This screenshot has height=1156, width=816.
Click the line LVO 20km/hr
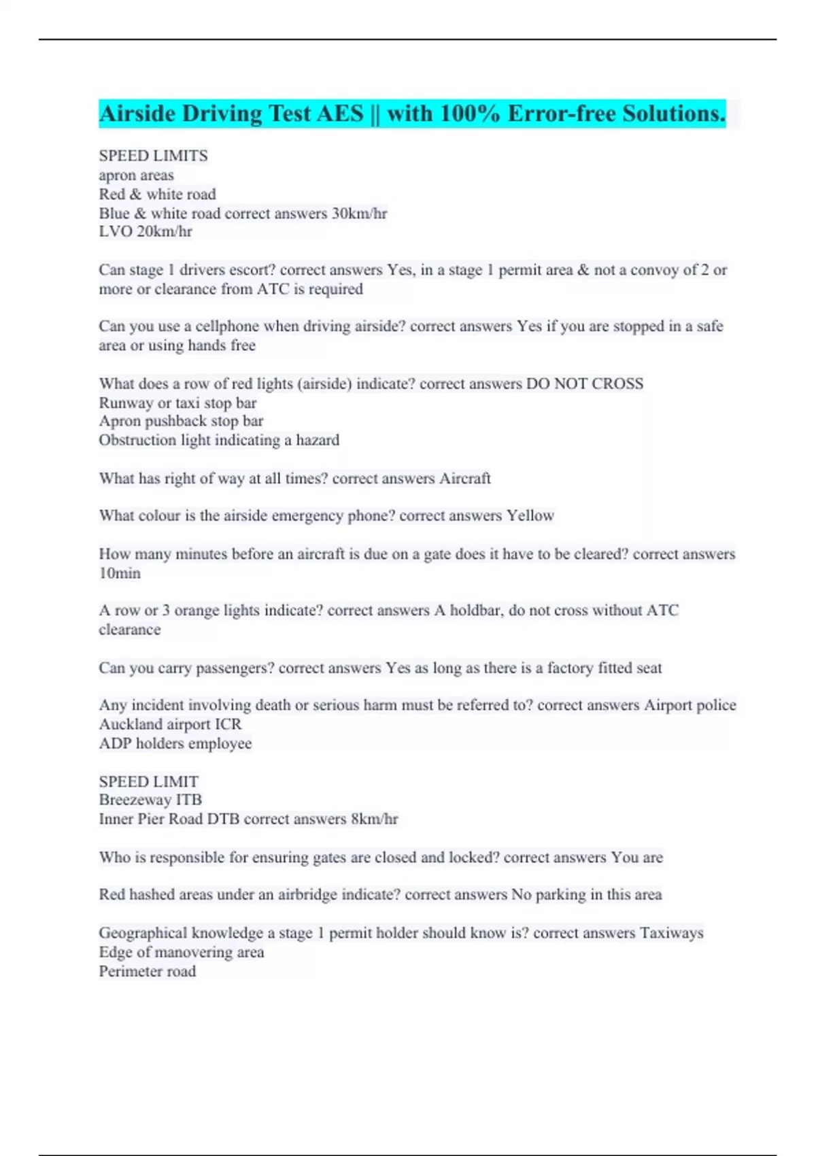tap(146, 232)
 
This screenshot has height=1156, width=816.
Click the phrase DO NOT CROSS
tap(584, 384)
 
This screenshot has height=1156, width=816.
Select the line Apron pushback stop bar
tap(181, 421)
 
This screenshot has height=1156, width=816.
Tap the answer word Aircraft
tap(464, 479)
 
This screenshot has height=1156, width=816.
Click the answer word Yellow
tap(530, 516)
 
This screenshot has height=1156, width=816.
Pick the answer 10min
tap(120, 573)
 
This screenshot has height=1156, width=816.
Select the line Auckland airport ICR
tap(170, 724)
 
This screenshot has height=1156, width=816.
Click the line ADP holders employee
tap(175, 744)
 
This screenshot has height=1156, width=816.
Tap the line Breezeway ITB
tap(150, 800)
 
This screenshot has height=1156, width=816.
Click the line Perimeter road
tap(148, 972)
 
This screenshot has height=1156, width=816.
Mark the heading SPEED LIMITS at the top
tap(154, 156)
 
